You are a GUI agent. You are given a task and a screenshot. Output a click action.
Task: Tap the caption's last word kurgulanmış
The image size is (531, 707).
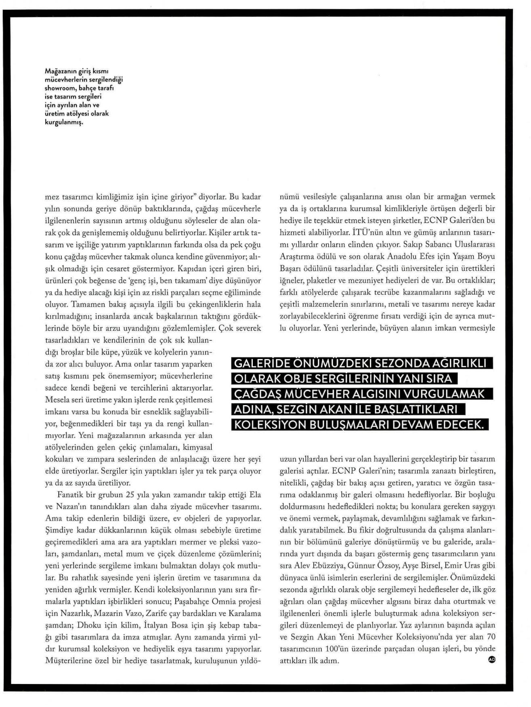coord(63,122)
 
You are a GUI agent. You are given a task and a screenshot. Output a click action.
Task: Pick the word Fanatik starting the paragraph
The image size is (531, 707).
coord(71,494)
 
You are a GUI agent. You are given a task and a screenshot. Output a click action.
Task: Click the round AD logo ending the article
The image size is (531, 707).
coord(491,659)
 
